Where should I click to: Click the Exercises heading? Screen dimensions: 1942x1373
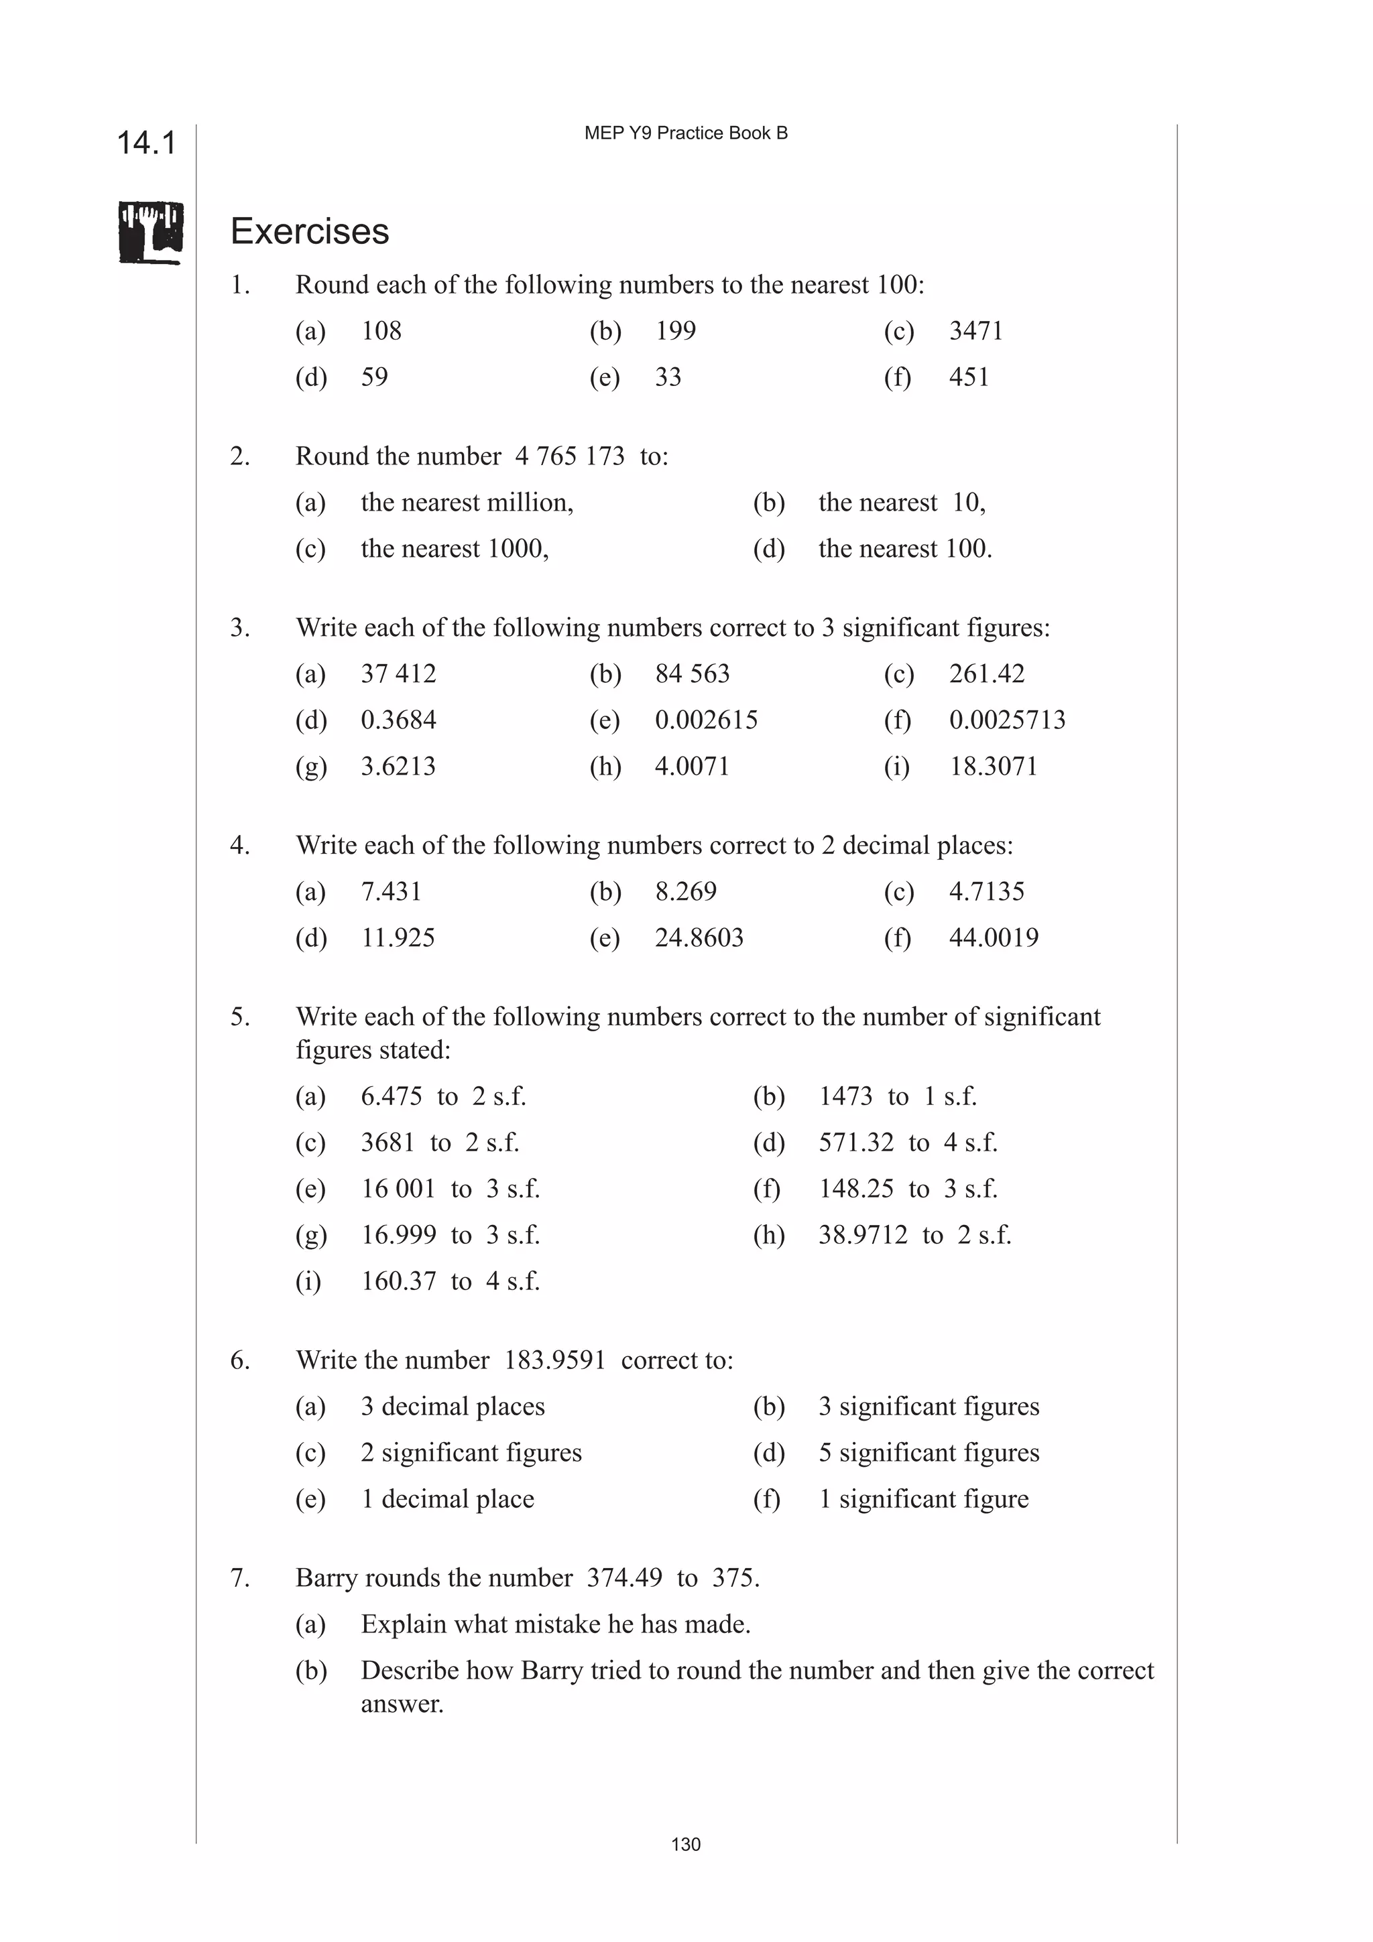click(x=310, y=232)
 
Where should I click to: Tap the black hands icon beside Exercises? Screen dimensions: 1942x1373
click(x=151, y=233)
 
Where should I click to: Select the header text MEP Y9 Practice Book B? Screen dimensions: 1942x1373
click(x=685, y=133)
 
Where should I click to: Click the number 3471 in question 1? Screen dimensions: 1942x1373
click(x=975, y=331)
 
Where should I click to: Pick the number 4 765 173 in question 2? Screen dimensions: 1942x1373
click(x=569, y=457)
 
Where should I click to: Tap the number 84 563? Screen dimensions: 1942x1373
click(x=691, y=674)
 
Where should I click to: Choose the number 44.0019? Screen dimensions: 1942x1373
click(x=993, y=937)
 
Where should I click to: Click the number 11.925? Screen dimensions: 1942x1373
click(x=398, y=937)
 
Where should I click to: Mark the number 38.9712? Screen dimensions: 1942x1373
click(x=862, y=1235)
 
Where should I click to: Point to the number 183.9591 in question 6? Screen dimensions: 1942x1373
click(x=554, y=1360)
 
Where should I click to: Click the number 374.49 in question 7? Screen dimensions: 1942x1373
click(x=624, y=1577)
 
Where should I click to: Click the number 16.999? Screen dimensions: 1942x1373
click(x=398, y=1235)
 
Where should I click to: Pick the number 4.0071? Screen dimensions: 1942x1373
click(x=691, y=767)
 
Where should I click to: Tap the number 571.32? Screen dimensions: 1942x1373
click(x=855, y=1143)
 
